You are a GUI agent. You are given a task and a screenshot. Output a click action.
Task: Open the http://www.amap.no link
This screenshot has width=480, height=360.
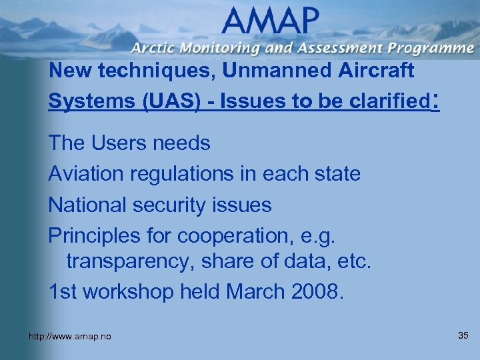point(70,337)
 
